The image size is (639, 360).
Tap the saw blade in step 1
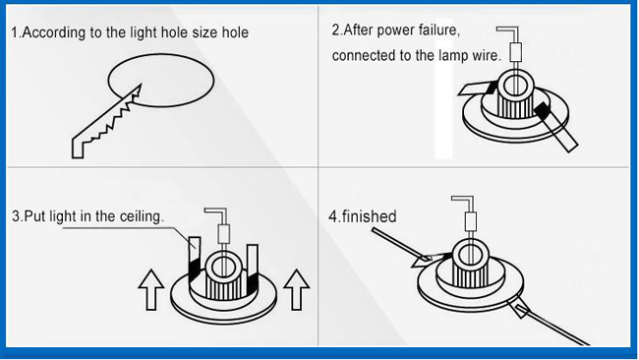(107, 121)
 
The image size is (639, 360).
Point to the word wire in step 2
(487, 55)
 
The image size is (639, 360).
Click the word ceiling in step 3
(142, 216)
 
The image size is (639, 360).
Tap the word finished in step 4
(370, 216)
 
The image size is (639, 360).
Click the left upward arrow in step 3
(151, 290)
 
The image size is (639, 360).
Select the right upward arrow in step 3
(296, 290)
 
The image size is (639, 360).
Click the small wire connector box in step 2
(516, 52)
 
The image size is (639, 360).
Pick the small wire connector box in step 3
(224, 234)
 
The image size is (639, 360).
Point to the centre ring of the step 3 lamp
(222, 268)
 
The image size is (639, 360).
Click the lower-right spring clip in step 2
(555, 127)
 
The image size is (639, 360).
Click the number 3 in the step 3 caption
(16, 216)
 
